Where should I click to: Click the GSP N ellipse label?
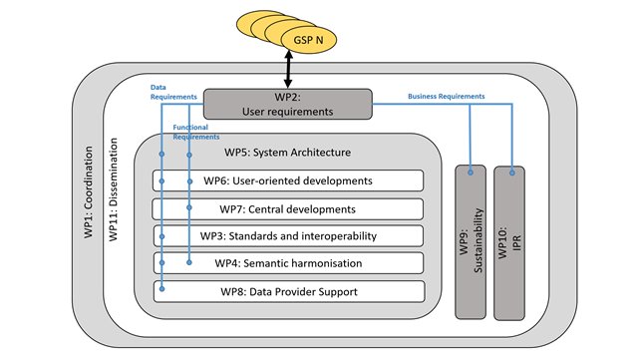pyautogui.click(x=308, y=40)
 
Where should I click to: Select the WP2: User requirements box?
pyautogui.click(x=287, y=105)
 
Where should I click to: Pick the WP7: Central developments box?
pyautogui.click(x=288, y=209)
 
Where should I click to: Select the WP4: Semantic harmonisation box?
pyautogui.click(x=288, y=262)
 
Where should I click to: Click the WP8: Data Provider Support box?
pyautogui.click(x=288, y=291)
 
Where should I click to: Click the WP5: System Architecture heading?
pyautogui.click(x=287, y=153)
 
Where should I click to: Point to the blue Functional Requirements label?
pyautogui.click(x=193, y=133)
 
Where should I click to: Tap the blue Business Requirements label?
pyautogui.click(x=446, y=96)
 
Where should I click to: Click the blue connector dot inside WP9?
pyautogui.click(x=471, y=174)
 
